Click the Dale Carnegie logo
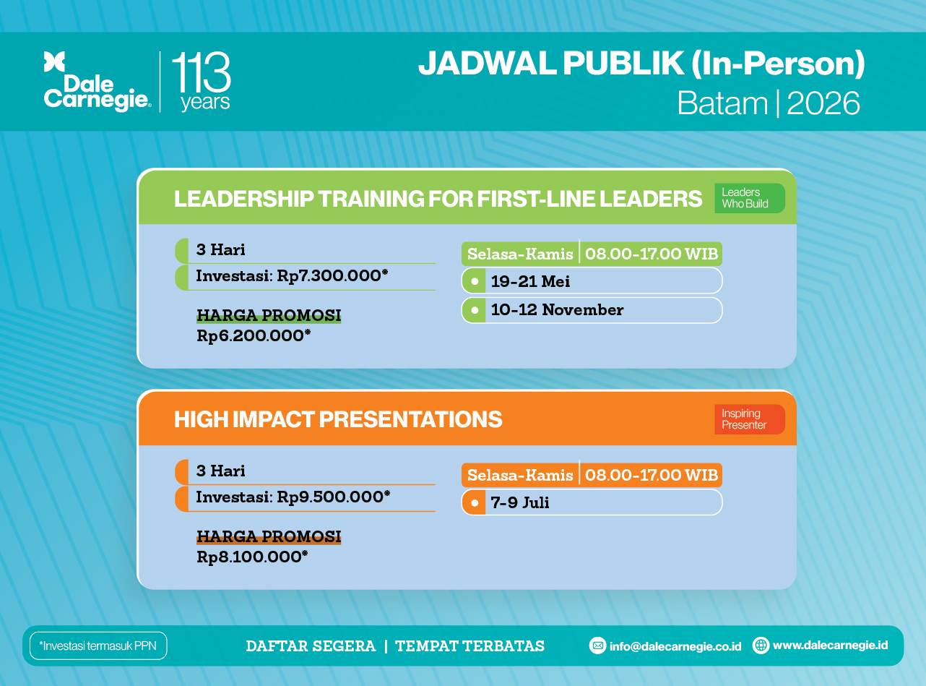[x=97, y=82]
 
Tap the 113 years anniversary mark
[x=202, y=82]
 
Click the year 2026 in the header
[x=823, y=103]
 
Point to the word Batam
[x=722, y=103]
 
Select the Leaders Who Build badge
[x=750, y=198]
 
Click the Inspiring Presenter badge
[x=750, y=419]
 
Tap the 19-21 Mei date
[x=530, y=281]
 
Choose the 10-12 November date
[x=557, y=310]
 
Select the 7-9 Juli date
[x=520, y=502]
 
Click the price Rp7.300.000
[x=333, y=275]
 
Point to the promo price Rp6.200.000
[x=254, y=336]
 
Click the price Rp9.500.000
[x=334, y=497]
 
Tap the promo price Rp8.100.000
[x=252, y=557]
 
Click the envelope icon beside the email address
[x=597, y=646]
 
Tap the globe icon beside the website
[x=761, y=646]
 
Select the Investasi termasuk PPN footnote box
[x=98, y=646]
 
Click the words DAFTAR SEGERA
[x=311, y=646]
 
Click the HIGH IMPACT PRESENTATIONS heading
[x=338, y=419]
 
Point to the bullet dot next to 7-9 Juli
[x=475, y=502]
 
